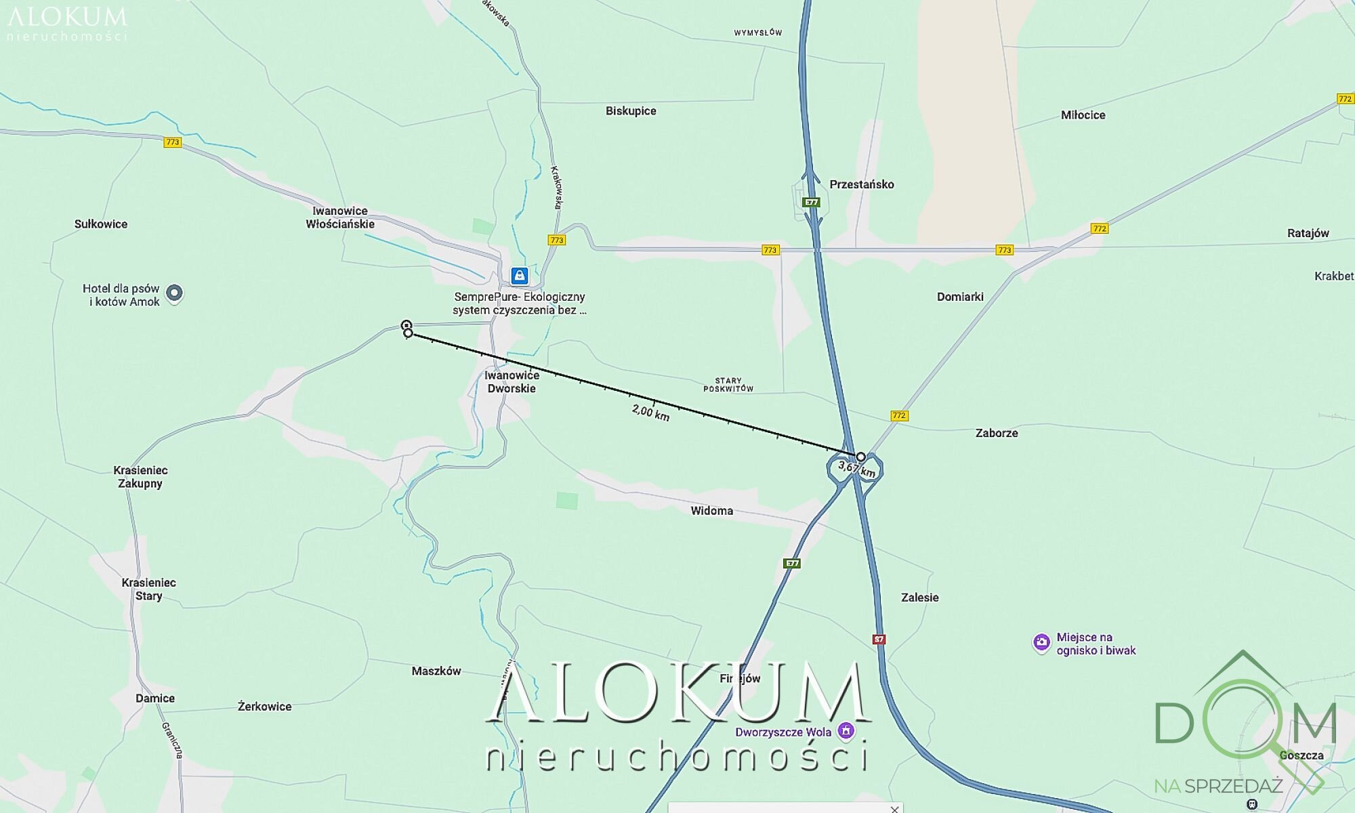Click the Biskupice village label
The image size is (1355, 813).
tap(631, 111)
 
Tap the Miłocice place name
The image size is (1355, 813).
tap(1083, 115)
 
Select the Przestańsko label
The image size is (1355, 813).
tap(861, 184)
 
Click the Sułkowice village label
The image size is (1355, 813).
tap(101, 224)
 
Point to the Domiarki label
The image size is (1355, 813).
tap(959, 297)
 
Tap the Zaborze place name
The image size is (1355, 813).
tap(996, 433)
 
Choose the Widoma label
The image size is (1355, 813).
tap(711, 511)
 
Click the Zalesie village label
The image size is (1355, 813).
tap(919, 598)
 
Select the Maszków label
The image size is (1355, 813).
tap(436, 671)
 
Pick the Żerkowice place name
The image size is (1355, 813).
tap(264, 706)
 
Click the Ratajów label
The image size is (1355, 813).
tap(1308, 233)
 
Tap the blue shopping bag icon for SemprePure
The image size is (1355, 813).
tap(520, 275)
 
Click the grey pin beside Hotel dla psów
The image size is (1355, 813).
tap(175, 293)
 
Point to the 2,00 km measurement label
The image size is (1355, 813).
tap(650, 412)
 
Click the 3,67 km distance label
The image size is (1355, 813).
tap(856, 468)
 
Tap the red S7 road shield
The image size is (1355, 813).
tap(879, 639)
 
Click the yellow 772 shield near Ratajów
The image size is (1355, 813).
tap(1099, 228)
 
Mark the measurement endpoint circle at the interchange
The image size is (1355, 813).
tap(860, 457)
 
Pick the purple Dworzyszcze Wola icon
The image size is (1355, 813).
tap(845, 731)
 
